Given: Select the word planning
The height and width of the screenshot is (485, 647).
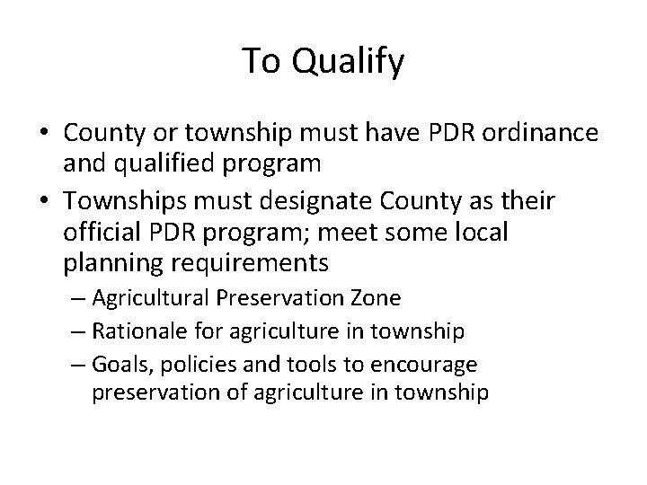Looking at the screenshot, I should [104, 266].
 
